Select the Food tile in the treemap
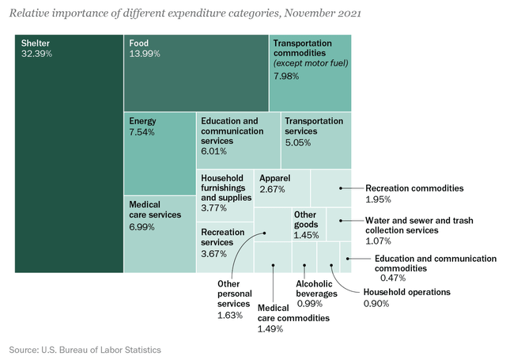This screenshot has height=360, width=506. pos(196,72)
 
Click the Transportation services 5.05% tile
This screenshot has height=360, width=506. pos(315,139)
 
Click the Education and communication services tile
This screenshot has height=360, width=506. pos(238,139)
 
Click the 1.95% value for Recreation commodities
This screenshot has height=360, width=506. pos(378,200)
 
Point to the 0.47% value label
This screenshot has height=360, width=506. pos(387,279)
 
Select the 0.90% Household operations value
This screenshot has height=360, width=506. pos(376,303)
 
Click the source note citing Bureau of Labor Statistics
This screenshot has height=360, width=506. pos(85,348)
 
